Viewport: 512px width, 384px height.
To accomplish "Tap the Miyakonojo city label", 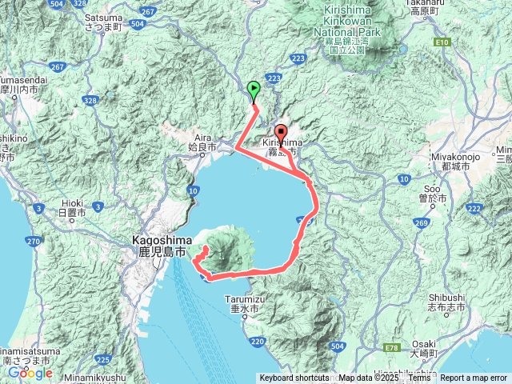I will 458,162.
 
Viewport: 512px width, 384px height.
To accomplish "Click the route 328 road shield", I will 90,100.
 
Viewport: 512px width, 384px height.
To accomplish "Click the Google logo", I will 30,373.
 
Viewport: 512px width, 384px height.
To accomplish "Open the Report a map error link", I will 474,378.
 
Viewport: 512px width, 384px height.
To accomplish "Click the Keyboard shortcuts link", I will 294,378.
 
